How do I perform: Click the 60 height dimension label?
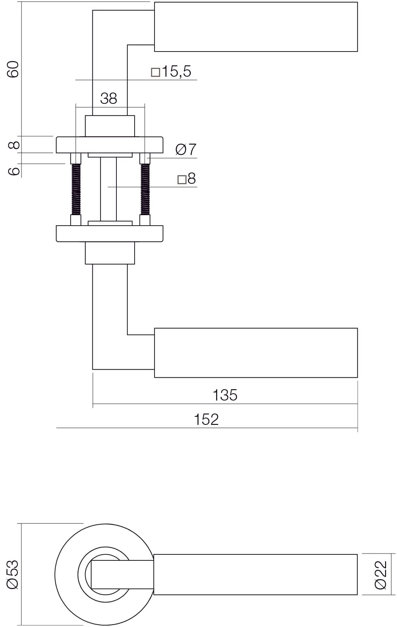click(x=13, y=69)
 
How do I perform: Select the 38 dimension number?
click(x=109, y=98)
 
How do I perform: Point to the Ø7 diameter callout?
click(x=186, y=149)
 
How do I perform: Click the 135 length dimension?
click(x=225, y=395)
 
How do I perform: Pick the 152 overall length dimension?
click(x=206, y=419)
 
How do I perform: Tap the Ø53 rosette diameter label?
click(x=13, y=575)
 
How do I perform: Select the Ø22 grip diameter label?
click(x=380, y=575)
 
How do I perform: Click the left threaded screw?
click(x=76, y=189)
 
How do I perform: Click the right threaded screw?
click(x=145, y=189)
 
